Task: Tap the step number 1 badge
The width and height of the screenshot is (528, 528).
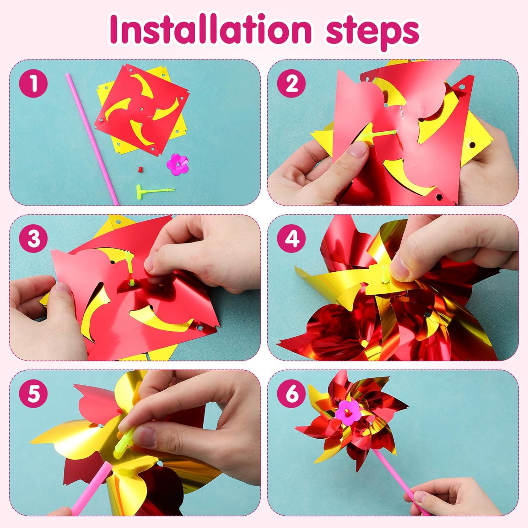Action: pos(33,84)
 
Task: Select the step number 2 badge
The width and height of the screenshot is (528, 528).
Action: pos(291,84)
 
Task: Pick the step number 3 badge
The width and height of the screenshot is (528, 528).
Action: pos(33,239)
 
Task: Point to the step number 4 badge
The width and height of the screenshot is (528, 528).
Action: pos(291,239)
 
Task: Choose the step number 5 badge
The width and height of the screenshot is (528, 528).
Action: pos(33,394)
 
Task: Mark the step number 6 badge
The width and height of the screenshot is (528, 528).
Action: pos(291,394)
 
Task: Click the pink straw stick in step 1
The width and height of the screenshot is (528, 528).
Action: pos(92,139)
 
